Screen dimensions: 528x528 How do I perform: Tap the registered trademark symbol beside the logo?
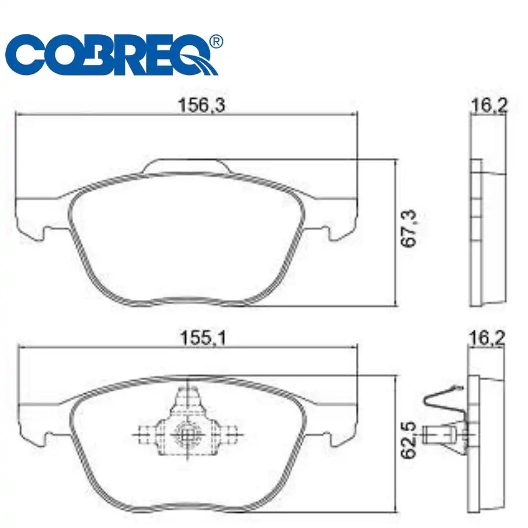click(x=216, y=42)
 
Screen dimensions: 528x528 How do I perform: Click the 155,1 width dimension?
click(x=203, y=337)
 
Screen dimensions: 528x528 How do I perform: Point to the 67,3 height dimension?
click(x=409, y=229)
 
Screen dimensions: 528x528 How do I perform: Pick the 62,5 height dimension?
click(x=409, y=440)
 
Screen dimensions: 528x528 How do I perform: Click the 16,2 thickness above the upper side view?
click(x=489, y=105)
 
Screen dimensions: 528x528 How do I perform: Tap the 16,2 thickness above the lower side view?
click(x=487, y=338)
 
